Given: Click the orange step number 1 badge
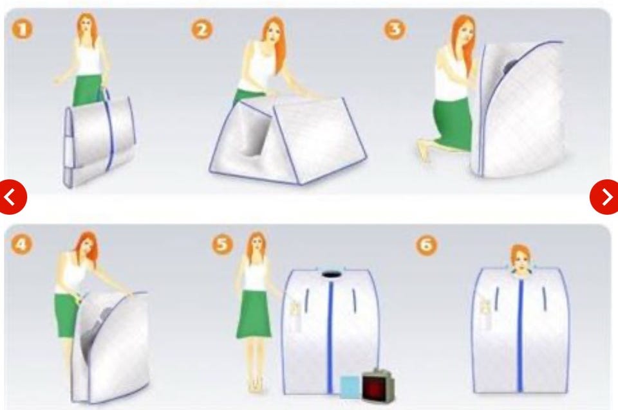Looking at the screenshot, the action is click(x=23, y=29).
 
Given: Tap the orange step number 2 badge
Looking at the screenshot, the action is click(x=202, y=30).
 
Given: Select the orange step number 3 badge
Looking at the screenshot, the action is click(x=395, y=29).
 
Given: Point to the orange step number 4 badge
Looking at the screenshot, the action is click(x=21, y=244).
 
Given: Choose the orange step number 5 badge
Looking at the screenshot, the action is click(x=223, y=244).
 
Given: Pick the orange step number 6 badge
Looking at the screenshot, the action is click(x=427, y=245).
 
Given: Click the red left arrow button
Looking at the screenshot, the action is click(x=12, y=197).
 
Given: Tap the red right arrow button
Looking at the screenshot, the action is click(x=605, y=197).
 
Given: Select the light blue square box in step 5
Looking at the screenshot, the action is click(x=350, y=386).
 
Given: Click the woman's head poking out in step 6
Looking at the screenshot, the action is click(x=521, y=258).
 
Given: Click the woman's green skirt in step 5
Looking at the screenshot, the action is click(x=254, y=314).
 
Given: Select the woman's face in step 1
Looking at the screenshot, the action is click(x=86, y=27).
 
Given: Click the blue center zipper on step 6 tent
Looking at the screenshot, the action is click(x=521, y=330).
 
